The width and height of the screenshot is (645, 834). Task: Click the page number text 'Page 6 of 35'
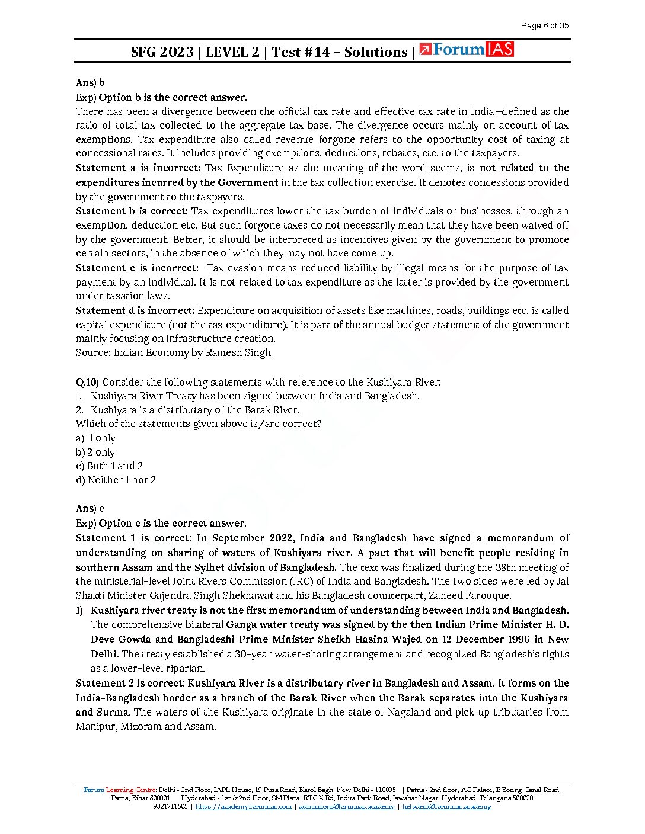(544, 25)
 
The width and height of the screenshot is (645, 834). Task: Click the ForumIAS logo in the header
(466, 50)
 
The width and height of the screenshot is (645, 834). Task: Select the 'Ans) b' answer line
(90, 83)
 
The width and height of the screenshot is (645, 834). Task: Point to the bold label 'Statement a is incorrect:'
(138, 168)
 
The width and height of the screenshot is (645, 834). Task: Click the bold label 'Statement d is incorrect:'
(135, 310)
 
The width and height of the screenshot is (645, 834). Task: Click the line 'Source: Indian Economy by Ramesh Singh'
(173, 353)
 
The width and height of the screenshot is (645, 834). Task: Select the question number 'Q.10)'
(87, 382)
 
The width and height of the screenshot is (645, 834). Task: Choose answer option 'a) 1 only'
(95, 438)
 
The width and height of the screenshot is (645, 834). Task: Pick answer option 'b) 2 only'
(95, 453)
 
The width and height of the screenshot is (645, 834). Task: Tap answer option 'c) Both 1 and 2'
(109, 466)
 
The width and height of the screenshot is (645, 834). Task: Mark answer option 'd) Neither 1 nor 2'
(116, 480)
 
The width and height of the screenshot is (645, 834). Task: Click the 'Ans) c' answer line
(90, 509)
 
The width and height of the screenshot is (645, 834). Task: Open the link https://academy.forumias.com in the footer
(244, 807)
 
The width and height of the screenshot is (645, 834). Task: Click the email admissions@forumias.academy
(346, 807)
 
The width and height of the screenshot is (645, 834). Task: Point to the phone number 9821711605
(170, 807)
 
